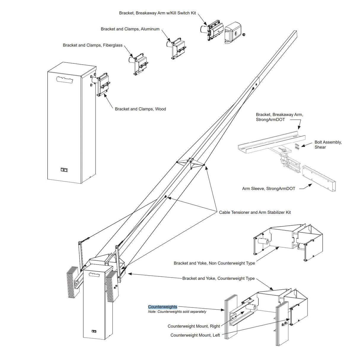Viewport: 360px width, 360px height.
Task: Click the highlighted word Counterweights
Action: [163, 307]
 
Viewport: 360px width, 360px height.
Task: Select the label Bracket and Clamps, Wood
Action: [140, 109]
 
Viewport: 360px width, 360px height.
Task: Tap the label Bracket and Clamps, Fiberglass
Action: [93, 45]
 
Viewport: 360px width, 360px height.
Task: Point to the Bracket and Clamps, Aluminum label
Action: [130, 29]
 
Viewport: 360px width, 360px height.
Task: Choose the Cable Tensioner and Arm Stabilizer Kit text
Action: [255, 212]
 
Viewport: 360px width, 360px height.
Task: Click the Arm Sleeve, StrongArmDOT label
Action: [269, 189]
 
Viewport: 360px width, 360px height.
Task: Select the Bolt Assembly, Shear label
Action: [328, 145]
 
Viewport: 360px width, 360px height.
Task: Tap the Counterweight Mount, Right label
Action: [194, 326]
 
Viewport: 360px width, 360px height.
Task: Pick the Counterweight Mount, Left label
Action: [195, 335]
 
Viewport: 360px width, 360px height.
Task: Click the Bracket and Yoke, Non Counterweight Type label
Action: [214, 263]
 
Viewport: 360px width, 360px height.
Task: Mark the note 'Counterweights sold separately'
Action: [177, 312]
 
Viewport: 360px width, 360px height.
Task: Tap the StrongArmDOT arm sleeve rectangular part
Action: [319, 178]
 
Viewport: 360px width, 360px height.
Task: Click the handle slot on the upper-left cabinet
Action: [64, 79]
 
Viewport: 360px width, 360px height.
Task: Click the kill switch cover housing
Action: [234, 33]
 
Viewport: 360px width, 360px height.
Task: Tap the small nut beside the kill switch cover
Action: [244, 35]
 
